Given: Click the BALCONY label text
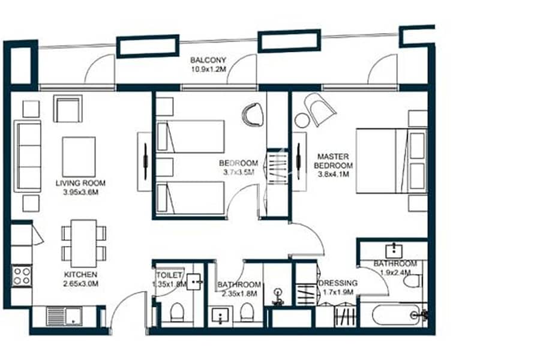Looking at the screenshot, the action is tap(208, 60).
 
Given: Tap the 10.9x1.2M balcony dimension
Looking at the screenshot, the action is tap(208, 69).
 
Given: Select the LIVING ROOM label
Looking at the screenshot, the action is tap(80, 183).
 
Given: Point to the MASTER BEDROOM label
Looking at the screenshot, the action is tap(333, 161).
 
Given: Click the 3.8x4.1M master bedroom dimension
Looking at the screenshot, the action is tap(334, 175).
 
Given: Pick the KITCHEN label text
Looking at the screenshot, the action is tap(80, 275).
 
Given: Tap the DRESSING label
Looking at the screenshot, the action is tap(338, 283).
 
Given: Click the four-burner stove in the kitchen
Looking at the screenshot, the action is tap(22, 276).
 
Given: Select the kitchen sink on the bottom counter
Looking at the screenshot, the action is tap(64, 316).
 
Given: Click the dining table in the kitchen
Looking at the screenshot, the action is tap(83, 243).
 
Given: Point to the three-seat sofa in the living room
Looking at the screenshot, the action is tap(28, 156).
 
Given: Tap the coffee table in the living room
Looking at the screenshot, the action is tap(79, 157).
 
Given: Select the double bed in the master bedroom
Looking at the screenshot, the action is tap(391, 161).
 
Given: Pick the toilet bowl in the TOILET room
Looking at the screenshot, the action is tap(178, 312).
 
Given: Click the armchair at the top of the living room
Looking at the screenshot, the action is tap(68, 109).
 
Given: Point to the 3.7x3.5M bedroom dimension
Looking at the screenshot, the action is tap(239, 172).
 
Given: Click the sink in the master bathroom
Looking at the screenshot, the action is tap(394, 250).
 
